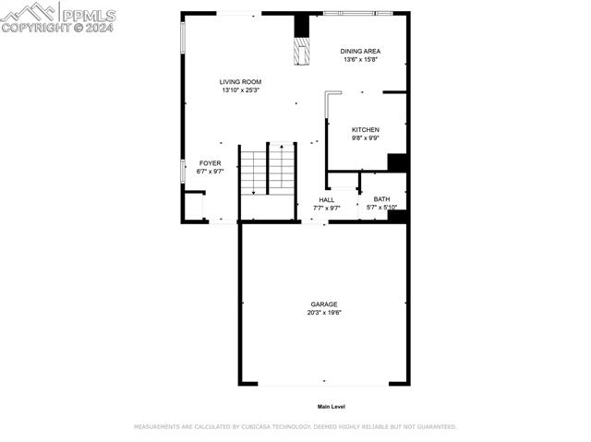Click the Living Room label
[240, 82]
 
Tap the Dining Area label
[360, 51]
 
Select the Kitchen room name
[366, 129]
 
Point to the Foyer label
[211, 162]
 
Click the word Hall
[327, 199]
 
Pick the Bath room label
[381, 199]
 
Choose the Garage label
[324, 305]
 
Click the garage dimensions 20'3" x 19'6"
[324, 313]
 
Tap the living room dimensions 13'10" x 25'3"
[240, 90]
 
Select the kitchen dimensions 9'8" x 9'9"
[366, 137]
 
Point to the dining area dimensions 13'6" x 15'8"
[360, 59]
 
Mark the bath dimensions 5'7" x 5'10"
[381, 207]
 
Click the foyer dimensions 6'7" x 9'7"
[211, 171]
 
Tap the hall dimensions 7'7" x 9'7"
[327, 208]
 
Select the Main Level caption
[331, 406]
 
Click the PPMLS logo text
[88, 15]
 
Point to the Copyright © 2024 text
[57, 28]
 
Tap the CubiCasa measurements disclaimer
[295, 427]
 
